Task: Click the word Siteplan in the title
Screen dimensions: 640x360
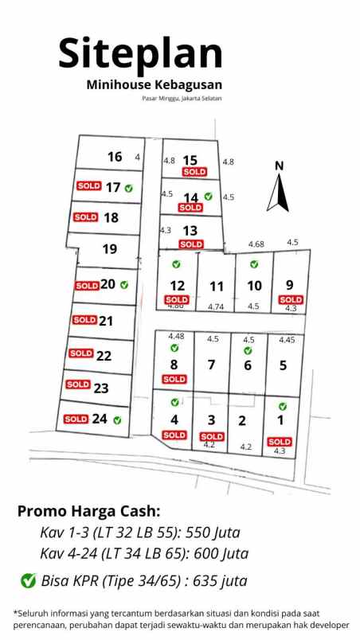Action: pyautogui.click(x=140, y=53)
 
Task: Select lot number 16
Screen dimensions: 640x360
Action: pyautogui.click(x=115, y=157)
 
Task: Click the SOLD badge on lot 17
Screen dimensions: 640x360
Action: pyautogui.click(x=88, y=186)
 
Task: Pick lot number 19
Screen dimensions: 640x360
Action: pyautogui.click(x=110, y=249)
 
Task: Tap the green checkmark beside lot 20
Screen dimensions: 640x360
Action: pyautogui.click(x=124, y=284)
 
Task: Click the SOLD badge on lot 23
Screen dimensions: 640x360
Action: pyautogui.click(x=78, y=384)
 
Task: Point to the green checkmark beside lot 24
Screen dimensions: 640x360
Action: pyautogui.click(x=118, y=419)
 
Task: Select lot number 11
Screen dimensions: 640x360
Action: pyautogui.click(x=216, y=286)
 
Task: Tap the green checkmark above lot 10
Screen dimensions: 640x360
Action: pyautogui.click(x=254, y=264)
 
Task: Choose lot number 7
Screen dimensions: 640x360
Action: pyautogui.click(x=211, y=365)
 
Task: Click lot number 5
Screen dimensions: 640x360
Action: pyautogui.click(x=283, y=365)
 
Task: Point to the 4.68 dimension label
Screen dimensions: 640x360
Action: pyautogui.click(x=256, y=244)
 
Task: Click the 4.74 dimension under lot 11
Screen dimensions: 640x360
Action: pyautogui.click(x=216, y=306)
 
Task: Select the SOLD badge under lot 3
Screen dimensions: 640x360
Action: pyautogui.click(x=212, y=436)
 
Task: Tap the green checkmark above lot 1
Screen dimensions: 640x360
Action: pyautogui.click(x=282, y=407)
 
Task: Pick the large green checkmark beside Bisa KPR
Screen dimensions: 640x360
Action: pyautogui.click(x=28, y=580)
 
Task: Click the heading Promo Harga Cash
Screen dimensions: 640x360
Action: pyautogui.click(x=88, y=510)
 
